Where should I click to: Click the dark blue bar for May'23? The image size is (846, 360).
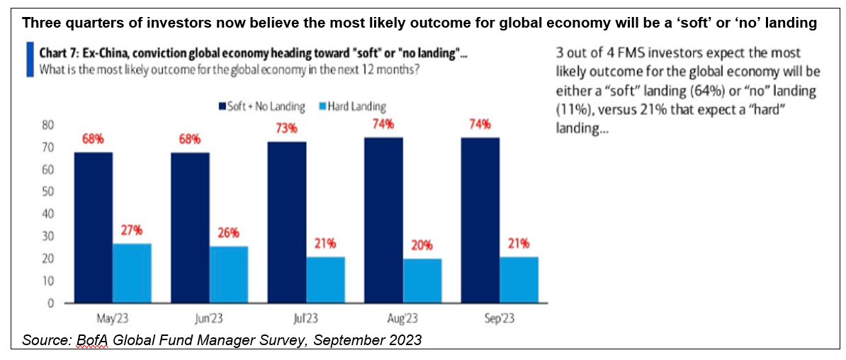[x=93, y=227]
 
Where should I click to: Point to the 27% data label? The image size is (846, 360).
[x=132, y=230]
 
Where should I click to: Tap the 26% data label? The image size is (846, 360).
[x=228, y=232]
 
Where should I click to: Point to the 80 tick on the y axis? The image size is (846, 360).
[x=47, y=125]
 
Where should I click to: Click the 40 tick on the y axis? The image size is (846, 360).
[x=47, y=214]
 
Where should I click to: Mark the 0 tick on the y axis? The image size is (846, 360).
[x=50, y=303]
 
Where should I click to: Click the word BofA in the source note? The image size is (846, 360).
[x=90, y=339]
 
